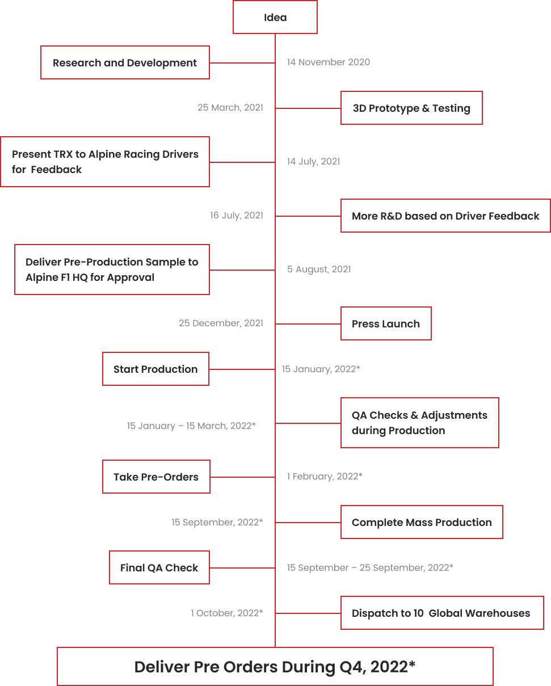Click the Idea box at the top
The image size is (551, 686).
[x=275, y=17]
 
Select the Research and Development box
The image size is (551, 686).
[x=125, y=62]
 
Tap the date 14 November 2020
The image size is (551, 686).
[x=329, y=62]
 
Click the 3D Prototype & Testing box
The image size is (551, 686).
[x=411, y=108]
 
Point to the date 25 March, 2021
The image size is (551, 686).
[x=230, y=108]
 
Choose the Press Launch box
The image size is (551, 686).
[x=386, y=323]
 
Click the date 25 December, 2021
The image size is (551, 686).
[x=221, y=323]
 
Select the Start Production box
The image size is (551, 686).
[x=155, y=369]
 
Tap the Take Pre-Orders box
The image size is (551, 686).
[x=156, y=477]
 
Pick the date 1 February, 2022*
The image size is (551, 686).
[x=325, y=476]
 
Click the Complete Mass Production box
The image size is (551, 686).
[x=422, y=522]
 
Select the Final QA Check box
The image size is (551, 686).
[x=159, y=567]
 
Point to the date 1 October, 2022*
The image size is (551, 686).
[x=227, y=613]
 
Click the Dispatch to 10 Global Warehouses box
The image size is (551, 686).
[x=442, y=613]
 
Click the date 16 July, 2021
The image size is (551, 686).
[x=237, y=216]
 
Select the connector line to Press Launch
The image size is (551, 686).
[x=308, y=324]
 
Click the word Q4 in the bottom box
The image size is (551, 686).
[x=352, y=667]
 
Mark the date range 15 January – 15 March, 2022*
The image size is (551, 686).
[x=191, y=426]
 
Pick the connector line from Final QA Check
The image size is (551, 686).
[x=242, y=568]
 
